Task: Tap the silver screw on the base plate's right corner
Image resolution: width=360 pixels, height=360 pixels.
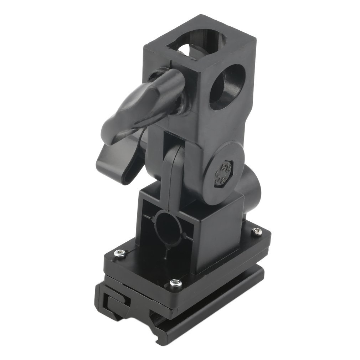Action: [x=257, y=232]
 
